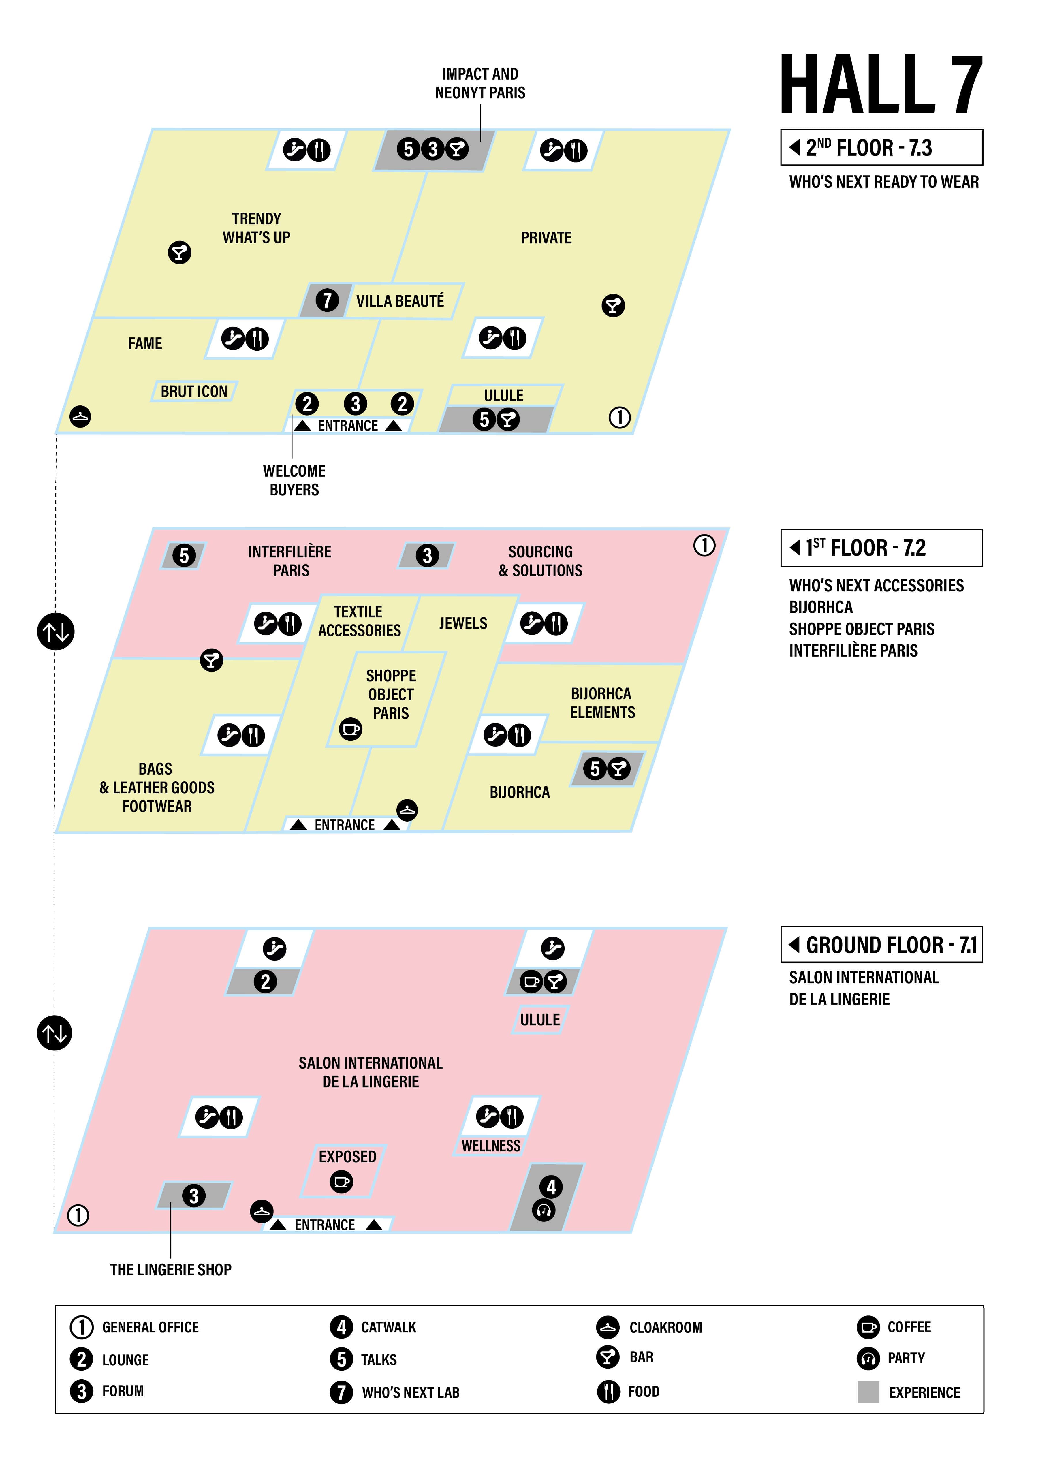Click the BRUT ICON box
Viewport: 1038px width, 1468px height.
[194, 391]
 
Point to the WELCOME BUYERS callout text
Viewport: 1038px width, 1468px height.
[294, 480]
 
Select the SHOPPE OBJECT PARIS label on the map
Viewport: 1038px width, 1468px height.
[390, 694]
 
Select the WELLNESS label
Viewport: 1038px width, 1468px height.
[491, 1146]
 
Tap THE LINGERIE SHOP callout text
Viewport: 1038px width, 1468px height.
[171, 1269]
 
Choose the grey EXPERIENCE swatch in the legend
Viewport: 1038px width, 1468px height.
[868, 1392]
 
